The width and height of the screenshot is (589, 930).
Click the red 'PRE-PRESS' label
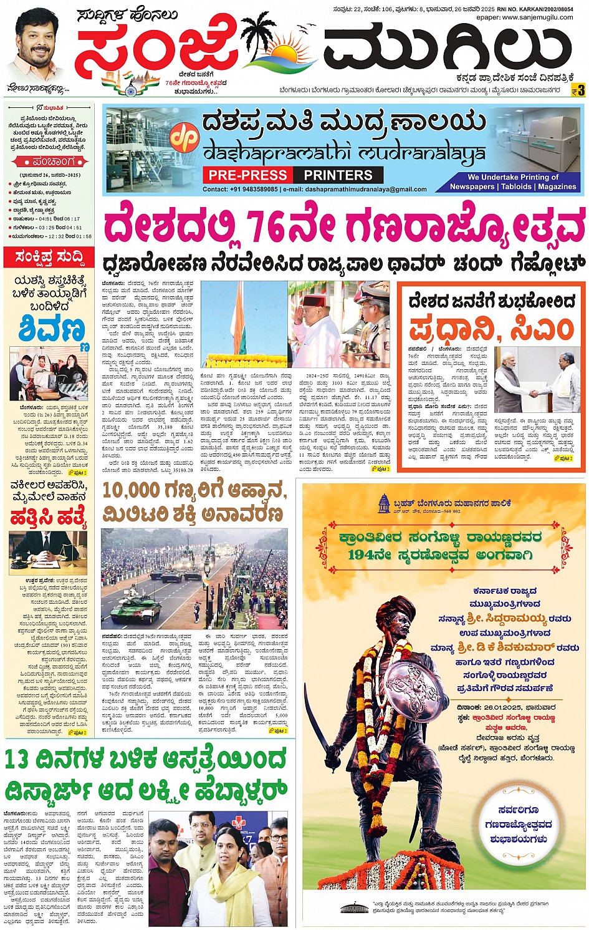point(247,175)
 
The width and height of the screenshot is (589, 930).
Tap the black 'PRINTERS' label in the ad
point(338,175)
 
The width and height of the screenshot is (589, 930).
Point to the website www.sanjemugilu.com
point(532,17)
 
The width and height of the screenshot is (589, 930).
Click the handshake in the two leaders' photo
point(534,393)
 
